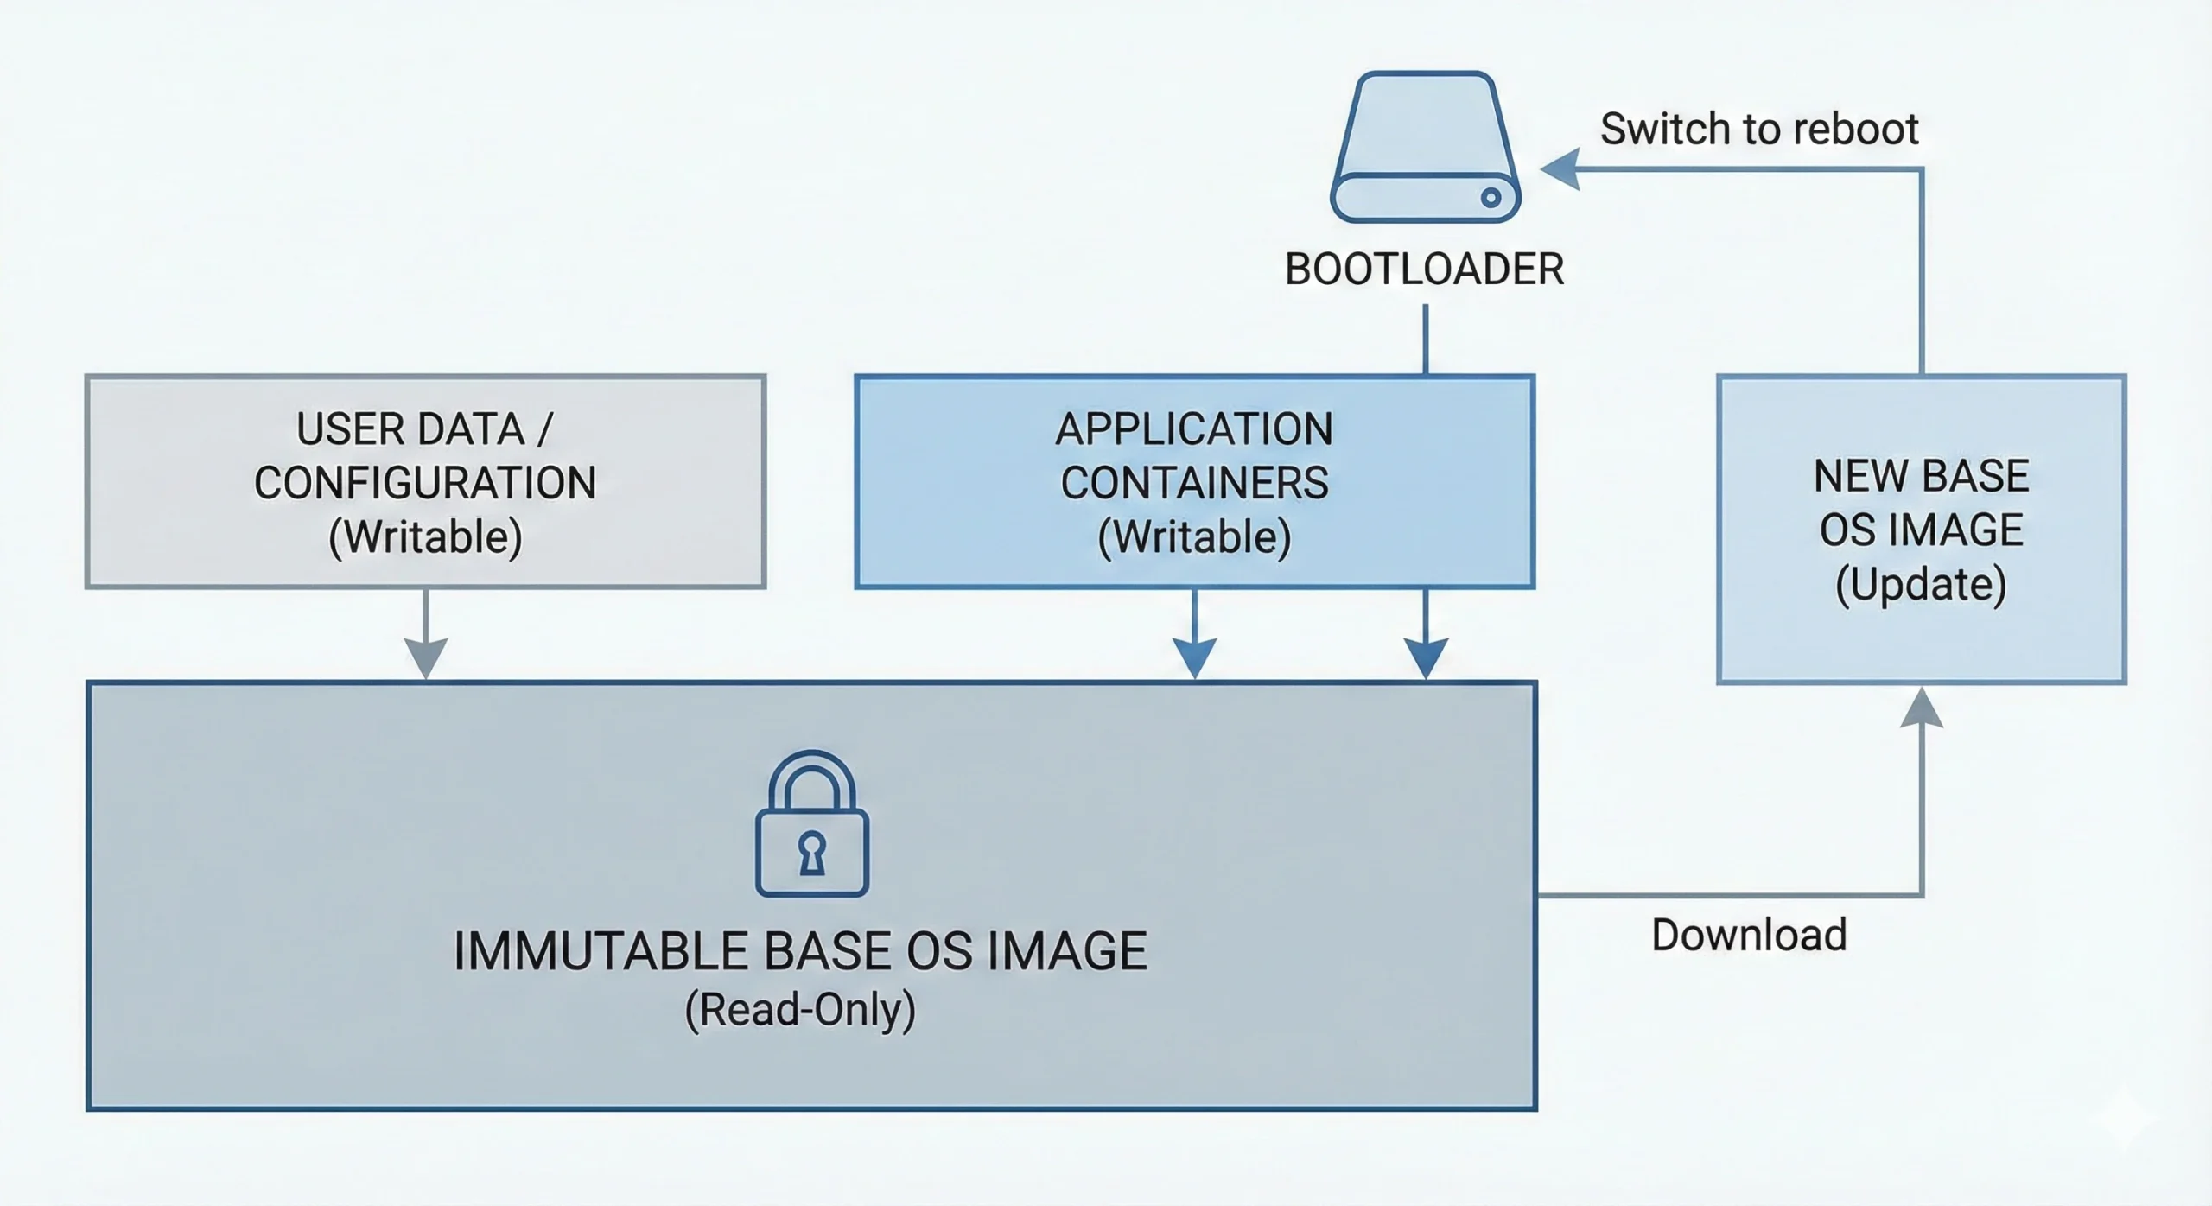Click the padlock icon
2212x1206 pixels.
(x=812, y=825)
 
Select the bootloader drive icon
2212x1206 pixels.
(x=1426, y=147)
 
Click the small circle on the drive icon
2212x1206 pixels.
(x=1491, y=198)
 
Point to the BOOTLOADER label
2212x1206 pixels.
(x=1424, y=270)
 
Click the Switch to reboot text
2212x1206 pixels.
(x=1758, y=130)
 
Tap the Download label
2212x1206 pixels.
(x=1749, y=935)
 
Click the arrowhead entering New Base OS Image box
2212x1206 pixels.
(x=1922, y=708)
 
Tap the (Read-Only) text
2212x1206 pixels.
(x=800, y=1010)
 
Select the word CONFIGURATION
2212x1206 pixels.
(x=425, y=483)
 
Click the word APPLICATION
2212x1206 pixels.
(x=1194, y=429)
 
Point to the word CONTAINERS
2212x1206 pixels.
(x=1194, y=483)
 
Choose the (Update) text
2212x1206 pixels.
(x=1921, y=584)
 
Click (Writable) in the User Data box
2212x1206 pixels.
(x=425, y=536)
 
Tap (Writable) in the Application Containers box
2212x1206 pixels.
(x=1194, y=536)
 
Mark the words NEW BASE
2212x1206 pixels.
(x=1921, y=476)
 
